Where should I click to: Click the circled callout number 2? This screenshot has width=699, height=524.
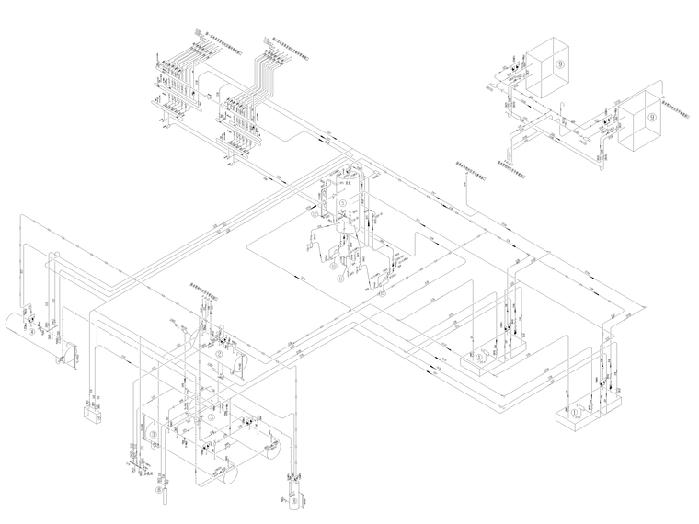pos(219,353)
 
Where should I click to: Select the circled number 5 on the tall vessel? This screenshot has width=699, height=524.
pos(343,204)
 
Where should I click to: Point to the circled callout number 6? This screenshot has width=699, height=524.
pos(293,503)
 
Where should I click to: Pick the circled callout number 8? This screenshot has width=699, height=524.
pos(158,492)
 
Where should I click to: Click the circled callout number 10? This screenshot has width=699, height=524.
pos(479,355)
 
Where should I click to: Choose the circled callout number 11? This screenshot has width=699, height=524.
pos(577,413)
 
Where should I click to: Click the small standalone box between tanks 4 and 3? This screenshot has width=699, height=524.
pos(91,415)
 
